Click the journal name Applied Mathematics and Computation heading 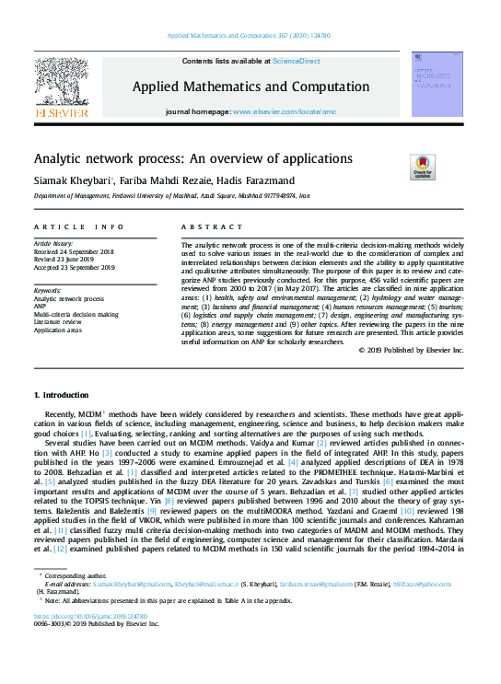(250, 86)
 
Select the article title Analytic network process (193, 158)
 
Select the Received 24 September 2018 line (74, 250)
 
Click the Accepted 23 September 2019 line (74, 267)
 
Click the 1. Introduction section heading (67, 395)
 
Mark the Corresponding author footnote (76, 575)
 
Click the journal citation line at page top (250, 36)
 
